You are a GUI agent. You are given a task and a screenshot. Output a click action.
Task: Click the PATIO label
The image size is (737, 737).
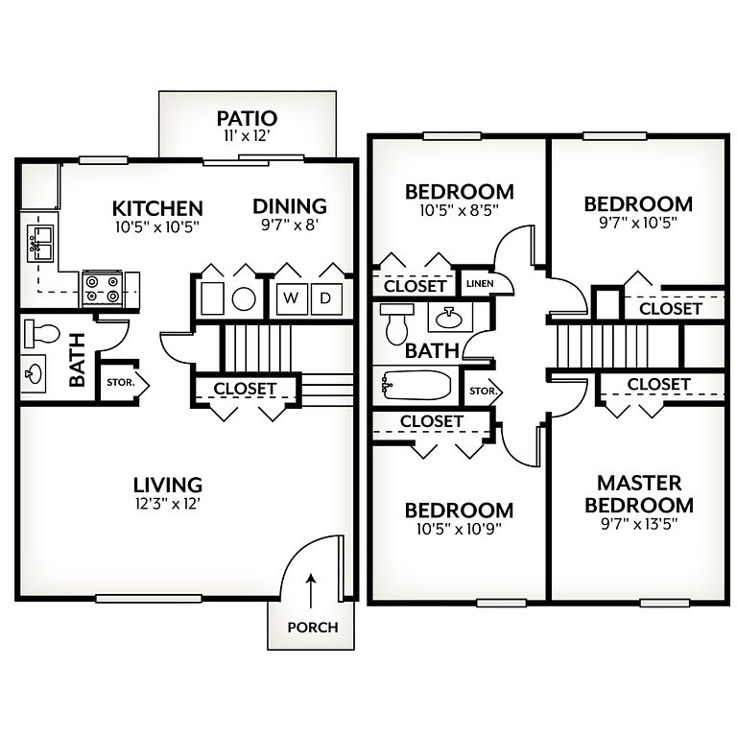pos(247,118)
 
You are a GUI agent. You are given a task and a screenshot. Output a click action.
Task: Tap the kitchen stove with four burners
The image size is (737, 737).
pos(103,288)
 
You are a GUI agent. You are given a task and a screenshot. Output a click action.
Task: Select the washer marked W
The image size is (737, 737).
pos(292,298)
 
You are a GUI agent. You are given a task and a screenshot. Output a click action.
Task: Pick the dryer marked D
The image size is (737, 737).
pos(326,298)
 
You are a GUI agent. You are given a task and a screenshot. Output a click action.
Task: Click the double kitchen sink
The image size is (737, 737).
pos(41,244)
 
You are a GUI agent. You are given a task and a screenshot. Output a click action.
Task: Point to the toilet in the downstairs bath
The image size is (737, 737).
pos(42,333)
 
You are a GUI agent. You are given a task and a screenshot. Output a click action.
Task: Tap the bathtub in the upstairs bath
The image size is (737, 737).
pos(416,386)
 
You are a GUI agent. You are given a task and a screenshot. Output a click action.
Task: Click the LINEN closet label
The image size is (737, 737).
pos(480,283)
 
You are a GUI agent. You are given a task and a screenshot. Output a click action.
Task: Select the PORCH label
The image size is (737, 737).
pos(313,627)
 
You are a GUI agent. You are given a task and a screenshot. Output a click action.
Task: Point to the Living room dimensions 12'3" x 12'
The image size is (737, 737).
pos(168,505)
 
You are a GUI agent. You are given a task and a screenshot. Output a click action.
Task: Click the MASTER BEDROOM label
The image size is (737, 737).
pos(639,494)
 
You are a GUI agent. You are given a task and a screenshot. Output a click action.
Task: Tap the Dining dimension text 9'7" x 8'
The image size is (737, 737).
pos(290,226)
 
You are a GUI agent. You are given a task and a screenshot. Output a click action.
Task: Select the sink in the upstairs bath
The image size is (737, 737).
pos(450,318)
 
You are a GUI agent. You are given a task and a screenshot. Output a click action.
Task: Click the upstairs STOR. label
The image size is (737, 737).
pos(483,392)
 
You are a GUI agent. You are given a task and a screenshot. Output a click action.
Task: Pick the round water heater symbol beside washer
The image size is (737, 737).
pos(244,299)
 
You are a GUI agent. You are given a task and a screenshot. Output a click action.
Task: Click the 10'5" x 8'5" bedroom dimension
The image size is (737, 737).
pos(459,210)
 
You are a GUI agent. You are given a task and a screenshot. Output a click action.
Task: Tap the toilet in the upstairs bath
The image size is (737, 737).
pos(396,323)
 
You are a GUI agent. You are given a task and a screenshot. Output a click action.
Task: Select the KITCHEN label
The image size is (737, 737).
pos(157,208)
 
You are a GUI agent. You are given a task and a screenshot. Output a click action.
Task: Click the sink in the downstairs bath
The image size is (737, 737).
pos(34,373)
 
